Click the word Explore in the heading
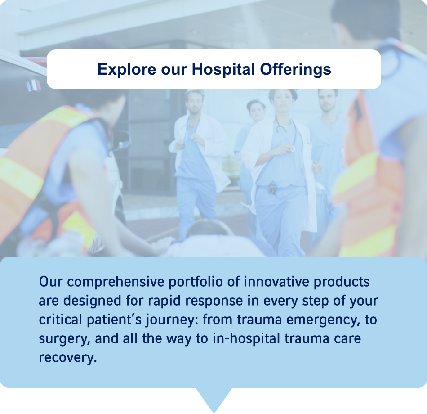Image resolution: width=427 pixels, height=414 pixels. click(127, 70)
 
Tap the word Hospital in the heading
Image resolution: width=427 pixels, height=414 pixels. click(223, 70)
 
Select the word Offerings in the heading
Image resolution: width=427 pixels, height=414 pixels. click(295, 70)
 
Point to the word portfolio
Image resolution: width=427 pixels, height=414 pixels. click(196, 282)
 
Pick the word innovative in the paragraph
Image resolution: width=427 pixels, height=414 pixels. click(276, 281)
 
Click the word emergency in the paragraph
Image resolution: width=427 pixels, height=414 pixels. click(323, 320)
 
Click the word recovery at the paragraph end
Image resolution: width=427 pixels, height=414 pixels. click(68, 358)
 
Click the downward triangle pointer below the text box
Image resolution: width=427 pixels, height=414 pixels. click(214, 399)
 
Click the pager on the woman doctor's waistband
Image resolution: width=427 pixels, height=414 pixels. click(272, 189)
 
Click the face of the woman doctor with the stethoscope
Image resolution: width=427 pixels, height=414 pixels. click(283, 100)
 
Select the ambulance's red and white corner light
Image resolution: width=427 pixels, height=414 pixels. click(34, 85)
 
